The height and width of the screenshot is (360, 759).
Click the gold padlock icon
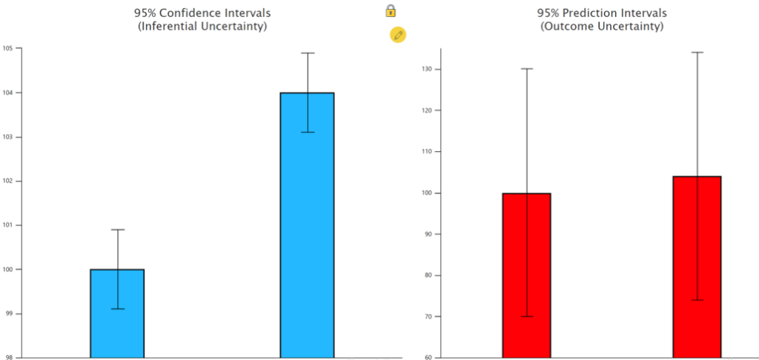[391, 10]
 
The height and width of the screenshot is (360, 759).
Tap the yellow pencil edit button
[398, 35]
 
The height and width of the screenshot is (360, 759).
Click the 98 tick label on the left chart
[8, 358]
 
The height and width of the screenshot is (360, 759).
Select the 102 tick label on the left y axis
[9, 181]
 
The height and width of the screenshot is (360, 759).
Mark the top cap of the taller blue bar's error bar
[307, 53]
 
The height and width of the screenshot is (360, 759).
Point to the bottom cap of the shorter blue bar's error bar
[117, 309]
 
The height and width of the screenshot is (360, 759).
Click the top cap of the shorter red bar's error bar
[526, 69]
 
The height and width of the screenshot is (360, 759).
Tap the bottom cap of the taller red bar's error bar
[697, 300]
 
